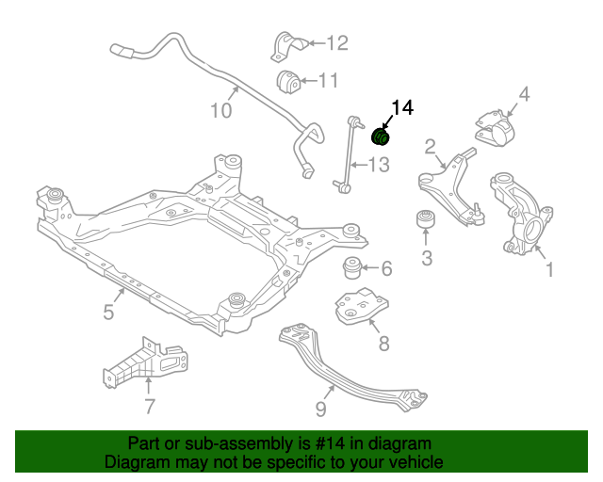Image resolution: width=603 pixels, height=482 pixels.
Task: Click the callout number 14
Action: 402,108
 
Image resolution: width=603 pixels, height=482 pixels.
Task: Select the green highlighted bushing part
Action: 383,137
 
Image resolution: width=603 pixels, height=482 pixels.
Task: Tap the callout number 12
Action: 336,42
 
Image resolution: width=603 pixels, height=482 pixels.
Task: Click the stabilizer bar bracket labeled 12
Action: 288,45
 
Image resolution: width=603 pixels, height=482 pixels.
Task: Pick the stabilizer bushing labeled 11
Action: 289,82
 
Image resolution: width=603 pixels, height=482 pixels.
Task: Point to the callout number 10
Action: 220,111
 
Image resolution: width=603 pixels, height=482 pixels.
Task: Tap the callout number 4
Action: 524,94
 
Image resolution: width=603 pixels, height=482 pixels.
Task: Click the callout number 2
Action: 430,146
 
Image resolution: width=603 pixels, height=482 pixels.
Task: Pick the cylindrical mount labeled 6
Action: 352,268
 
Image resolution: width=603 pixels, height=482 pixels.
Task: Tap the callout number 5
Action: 108,313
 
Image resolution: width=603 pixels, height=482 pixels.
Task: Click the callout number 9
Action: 320,409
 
